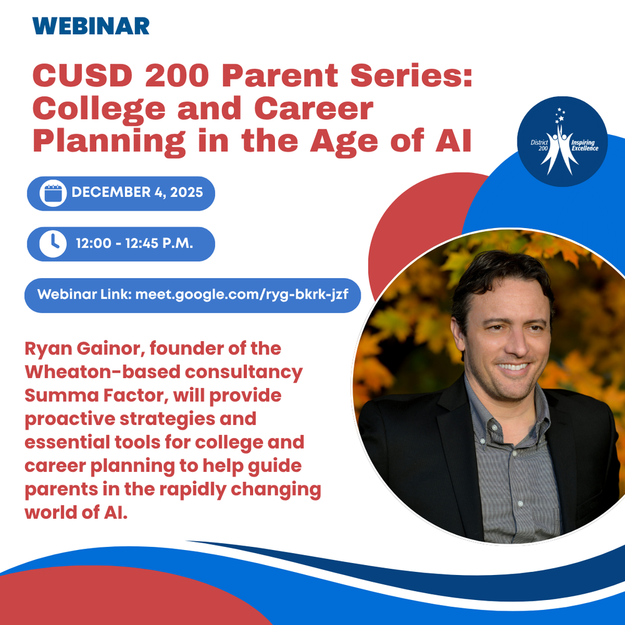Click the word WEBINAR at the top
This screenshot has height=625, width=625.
point(91,26)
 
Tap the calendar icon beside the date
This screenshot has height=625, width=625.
point(52,193)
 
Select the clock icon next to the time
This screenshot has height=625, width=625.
point(52,243)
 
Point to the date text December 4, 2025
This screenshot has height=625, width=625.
point(137,192)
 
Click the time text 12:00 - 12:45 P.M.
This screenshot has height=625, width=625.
point(134,243)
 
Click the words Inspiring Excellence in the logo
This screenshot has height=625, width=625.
point(586,146)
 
